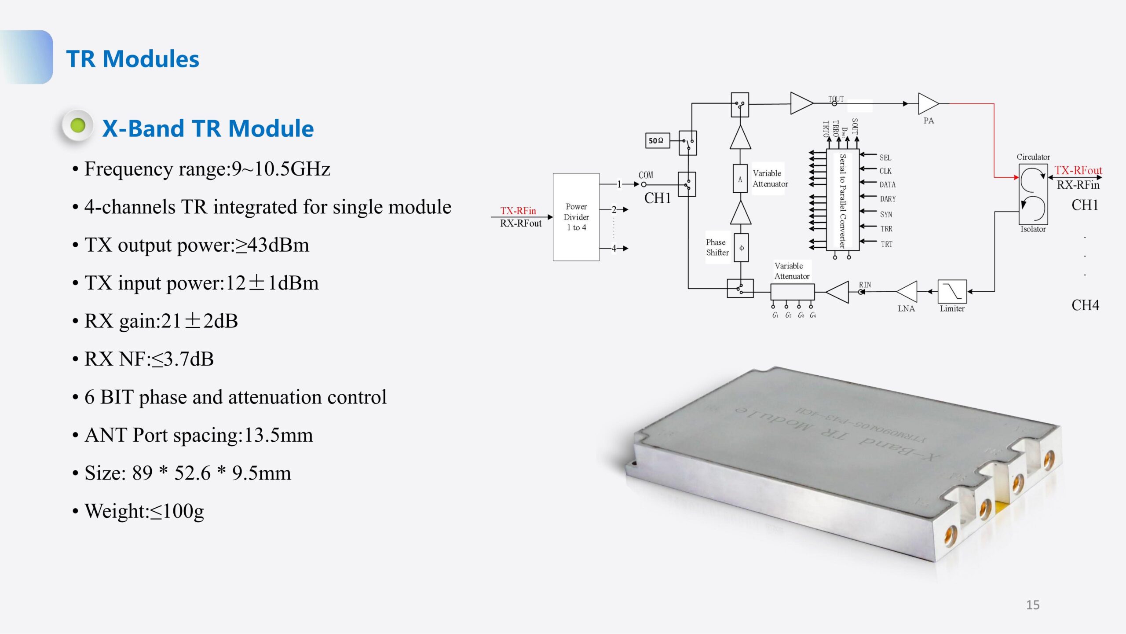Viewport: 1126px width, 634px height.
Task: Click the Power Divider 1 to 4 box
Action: point(576,217)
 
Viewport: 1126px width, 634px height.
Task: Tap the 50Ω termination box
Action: point(657,140)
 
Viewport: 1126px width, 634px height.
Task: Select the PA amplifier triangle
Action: point(927,104)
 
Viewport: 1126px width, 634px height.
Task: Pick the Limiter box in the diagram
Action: point(952,291)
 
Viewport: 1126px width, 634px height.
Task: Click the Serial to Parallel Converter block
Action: point(842,200)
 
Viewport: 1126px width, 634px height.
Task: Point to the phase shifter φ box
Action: point(741,248)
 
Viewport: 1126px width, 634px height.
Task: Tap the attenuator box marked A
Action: point(740,179)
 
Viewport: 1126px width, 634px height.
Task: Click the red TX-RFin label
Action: point(518,211)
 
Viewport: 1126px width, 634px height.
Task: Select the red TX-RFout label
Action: point(1078,170)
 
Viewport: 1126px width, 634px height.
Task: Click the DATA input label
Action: point(887,185)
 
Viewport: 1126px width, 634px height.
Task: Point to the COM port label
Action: point(646,175)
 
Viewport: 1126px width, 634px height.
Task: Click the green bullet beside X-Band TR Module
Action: point(78,126)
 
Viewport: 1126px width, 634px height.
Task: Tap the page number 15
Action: point(1032,605)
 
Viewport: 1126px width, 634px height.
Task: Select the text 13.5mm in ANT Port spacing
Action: point(278,435)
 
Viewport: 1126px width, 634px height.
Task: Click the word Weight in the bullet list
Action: point(114,511)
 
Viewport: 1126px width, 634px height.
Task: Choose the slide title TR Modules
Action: point(132,59)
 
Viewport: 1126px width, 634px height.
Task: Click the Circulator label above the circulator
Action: point(1033,157)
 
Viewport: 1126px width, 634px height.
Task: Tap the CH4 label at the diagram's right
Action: point(1085,305)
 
